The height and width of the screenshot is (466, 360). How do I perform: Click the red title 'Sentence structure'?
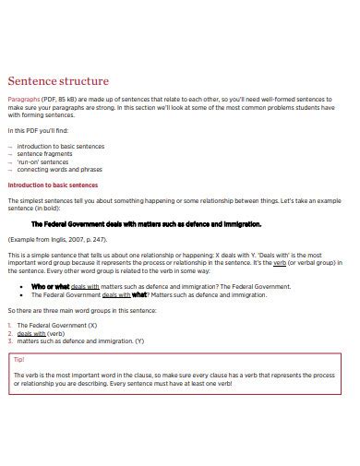58,81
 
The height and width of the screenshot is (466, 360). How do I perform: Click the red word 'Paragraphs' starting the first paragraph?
24,98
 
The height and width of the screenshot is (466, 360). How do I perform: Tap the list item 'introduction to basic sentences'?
62,146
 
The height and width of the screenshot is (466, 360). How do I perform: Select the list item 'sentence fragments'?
47,153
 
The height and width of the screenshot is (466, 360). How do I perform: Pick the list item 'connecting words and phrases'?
61,169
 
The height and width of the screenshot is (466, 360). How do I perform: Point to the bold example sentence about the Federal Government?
147,223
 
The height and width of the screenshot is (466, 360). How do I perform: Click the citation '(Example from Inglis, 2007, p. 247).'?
64,239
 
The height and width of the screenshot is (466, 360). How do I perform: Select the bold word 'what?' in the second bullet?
139,294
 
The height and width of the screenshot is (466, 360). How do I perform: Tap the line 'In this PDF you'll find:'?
38,129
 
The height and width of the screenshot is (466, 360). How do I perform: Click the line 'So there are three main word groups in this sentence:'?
82,310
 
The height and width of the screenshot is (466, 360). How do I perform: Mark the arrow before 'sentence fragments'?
10,153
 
